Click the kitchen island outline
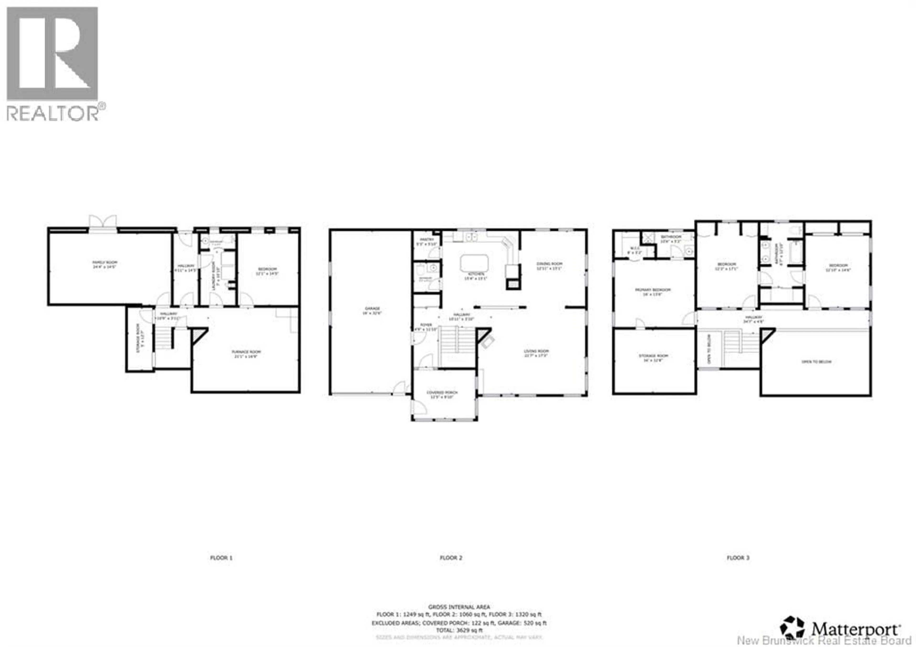[474, 263]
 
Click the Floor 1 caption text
[221, 558]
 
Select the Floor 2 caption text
[451, 558]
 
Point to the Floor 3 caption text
[738, 558]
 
